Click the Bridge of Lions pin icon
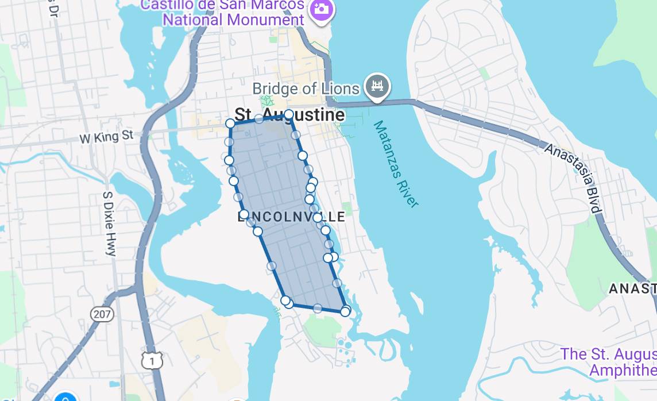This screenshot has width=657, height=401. pyautogui.click(x=377, y=86)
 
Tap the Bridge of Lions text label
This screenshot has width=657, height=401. pyautogui.click(x=306, y=89)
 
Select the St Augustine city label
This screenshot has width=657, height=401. pyautogui.click(x=290, y=115)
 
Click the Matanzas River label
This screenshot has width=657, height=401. pyautogui.click(x=395, y=164)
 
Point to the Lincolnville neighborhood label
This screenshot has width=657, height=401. pyautogui.click(x=291, y=217)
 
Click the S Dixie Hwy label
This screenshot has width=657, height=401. pyautogui.click(x=109, y=224)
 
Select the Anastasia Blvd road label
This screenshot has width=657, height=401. pyautogui.click(x=573, y=178)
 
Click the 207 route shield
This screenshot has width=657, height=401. pyautogui.click(x=102, y=314)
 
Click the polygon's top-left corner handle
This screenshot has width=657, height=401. pyautogui.click(x=230, y=123)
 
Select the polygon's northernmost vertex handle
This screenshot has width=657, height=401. pyautogui.click(x=289, y=114)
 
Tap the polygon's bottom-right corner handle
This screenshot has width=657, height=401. pyautogui.click(x=345, y=311)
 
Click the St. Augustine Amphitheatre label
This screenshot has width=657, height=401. pyautogui.click(x=609, y=362)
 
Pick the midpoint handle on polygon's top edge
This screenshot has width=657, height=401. pyautogui.click(x=259, y=119)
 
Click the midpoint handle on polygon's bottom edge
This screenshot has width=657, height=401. pyautogui.click(x=318, y=309)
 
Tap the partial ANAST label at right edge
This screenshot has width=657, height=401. pyautogui.click(x=632, y=288)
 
